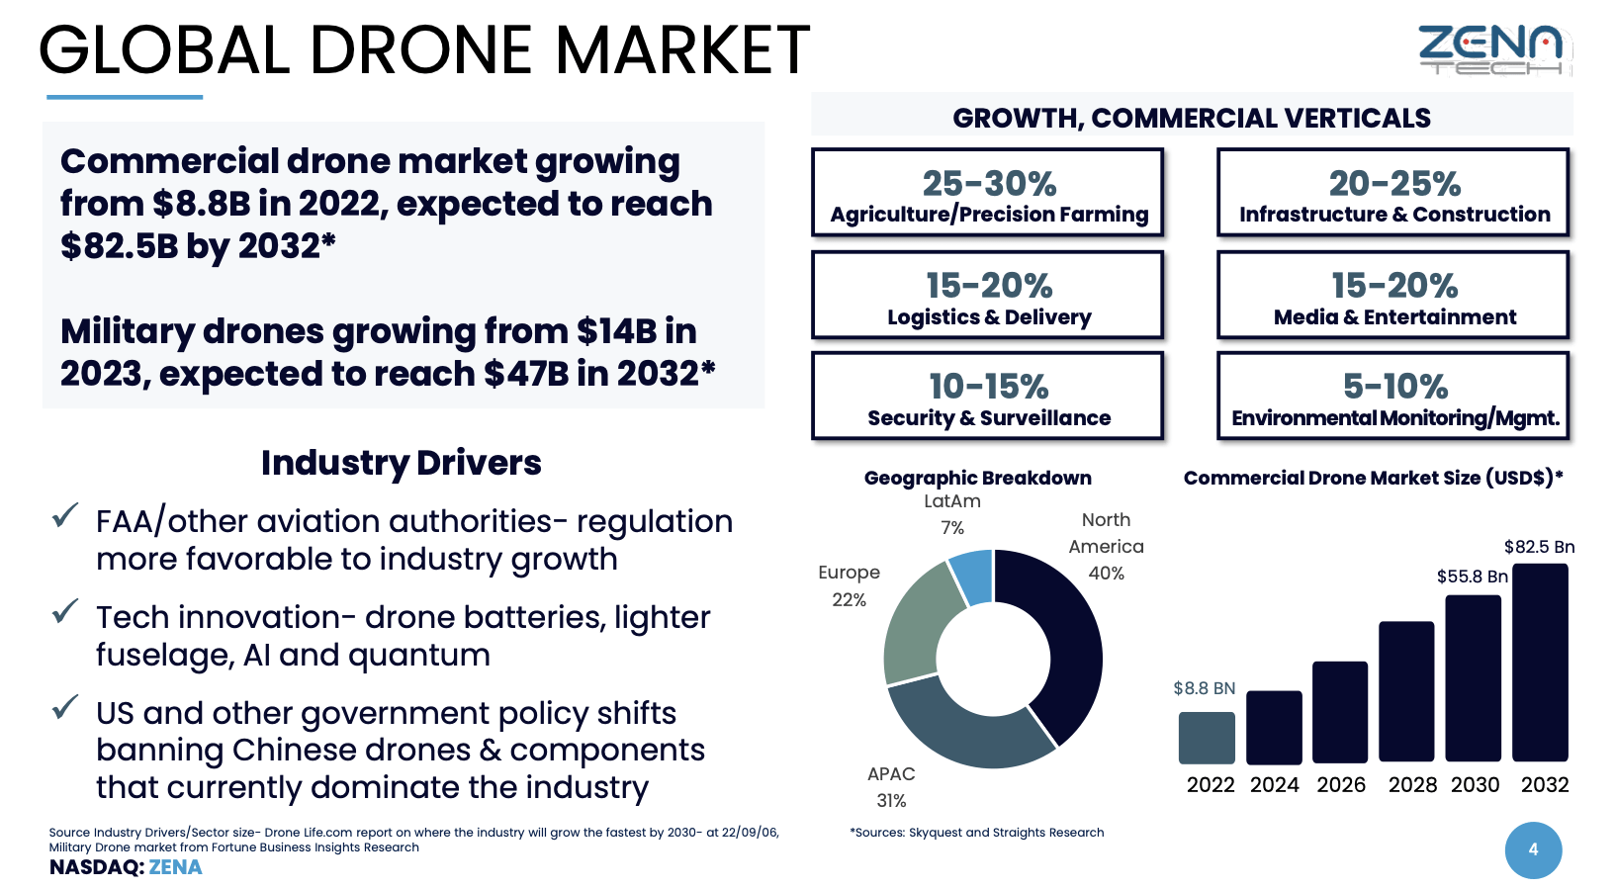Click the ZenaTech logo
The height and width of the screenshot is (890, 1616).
point(1493,49)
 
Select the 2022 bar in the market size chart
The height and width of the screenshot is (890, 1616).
point(1207,738)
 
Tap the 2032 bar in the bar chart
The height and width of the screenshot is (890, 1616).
point(1540,663)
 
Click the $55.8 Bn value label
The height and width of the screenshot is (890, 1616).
point(1472,577)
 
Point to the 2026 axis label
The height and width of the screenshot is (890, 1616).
point(1341,785)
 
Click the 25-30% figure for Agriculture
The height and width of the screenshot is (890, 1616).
point(989,184)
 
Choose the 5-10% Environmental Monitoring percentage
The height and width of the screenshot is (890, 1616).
point(1394,387)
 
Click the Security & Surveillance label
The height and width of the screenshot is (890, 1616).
point(989,418)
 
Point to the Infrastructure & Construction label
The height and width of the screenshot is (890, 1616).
point(1394,215)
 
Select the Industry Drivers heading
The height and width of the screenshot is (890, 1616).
point(401,463)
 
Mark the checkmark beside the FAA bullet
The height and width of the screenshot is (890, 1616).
point(65,515)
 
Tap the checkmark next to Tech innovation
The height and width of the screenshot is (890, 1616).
point(65,611)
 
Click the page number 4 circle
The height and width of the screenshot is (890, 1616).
point(1533,849)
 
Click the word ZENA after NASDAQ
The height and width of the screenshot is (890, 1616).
point(175,867)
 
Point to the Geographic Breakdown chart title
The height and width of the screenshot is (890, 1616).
point(977,478)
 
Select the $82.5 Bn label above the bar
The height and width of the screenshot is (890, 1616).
point(1539,547)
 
